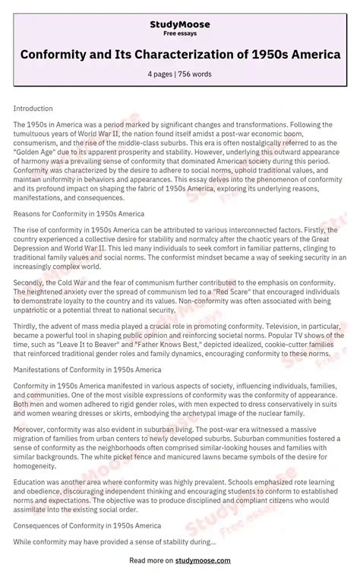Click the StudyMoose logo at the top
tap(180, 24)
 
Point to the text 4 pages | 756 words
tap(180, 74)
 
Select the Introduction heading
tap(33, 109)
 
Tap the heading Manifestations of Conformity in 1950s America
tap(87, 370)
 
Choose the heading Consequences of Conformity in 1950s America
tap(87, 525)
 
